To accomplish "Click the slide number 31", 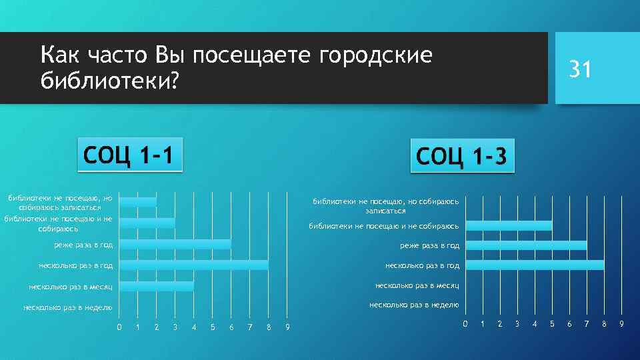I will (x=579, y=69).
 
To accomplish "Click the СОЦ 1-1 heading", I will (x=129, y=155).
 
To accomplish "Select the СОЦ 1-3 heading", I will (x=463, y=157).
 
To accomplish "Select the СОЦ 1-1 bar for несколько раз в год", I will (x=194, y=265).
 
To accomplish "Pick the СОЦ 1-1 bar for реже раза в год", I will (x=175, y=245).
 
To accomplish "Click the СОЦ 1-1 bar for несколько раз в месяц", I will (x=157, y=287).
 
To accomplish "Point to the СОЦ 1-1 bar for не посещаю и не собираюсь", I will (x=147, y=223).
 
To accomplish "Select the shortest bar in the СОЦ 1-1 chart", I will (x=138, y=201).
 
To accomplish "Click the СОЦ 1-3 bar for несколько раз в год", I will (x=535, y=265).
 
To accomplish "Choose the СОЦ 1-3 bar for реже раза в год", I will (x=527, y=245).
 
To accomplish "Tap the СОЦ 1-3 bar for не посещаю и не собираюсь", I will (x=509, y=226).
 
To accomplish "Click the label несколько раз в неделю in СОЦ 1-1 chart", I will (x=68, y=308).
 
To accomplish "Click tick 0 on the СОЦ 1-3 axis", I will (x=465, y=324).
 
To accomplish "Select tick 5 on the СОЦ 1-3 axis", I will (x=552, y=324).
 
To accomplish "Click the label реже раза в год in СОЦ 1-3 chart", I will (x=430, y=245).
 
